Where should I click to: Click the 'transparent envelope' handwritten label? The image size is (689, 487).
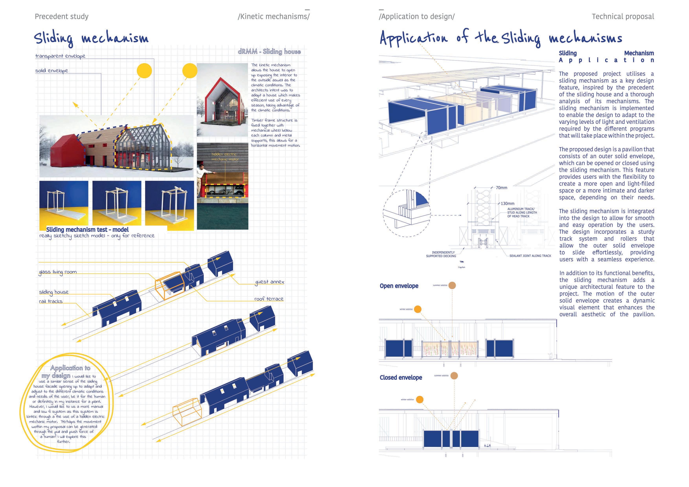pos(60,56)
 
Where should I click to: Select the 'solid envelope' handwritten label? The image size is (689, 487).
pos(52,71)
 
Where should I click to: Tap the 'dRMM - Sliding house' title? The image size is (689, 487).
pos(269,52)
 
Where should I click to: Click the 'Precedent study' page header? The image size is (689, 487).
pos(61,16)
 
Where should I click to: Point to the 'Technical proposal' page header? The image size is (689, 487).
pos(623,16)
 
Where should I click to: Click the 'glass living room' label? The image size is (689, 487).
pos(58,272)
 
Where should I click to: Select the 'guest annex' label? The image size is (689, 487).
pos(269,282)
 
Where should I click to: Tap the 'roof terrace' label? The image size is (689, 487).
pos(268,299)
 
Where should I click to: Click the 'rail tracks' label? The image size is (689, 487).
pos(51,301)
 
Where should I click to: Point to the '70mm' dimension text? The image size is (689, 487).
pos(501,188)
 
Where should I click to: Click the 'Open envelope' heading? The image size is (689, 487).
pos(399,286)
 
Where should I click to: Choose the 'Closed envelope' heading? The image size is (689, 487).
pos(401,377)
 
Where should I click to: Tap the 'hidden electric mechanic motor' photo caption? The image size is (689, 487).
pos(225,156)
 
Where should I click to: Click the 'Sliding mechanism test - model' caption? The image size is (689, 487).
pos(87,230)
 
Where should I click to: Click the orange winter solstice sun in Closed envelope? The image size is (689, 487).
pos(420,399)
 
